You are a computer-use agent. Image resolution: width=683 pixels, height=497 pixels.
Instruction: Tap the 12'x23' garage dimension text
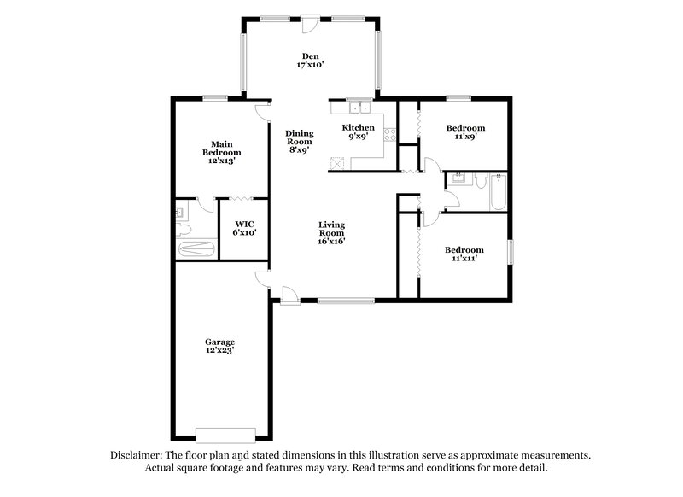click(x=220, y=350)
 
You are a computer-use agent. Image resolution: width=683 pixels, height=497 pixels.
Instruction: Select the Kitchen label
click(x=359, y=128)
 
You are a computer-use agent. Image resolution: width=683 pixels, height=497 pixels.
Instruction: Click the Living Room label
click(x=331, y=229)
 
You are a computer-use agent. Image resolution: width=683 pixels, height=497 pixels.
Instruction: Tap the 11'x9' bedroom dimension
click(x=466, y=137)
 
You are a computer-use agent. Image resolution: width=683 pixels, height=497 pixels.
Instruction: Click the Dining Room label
click(x=301, y=138)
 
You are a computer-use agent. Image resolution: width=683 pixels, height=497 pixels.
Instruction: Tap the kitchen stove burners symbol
click(x=390, y=134)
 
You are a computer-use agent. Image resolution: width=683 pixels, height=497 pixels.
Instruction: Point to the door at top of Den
click(x=309, y=23)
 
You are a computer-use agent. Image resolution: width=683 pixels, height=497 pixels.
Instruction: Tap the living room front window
click(x=345, y=300)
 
